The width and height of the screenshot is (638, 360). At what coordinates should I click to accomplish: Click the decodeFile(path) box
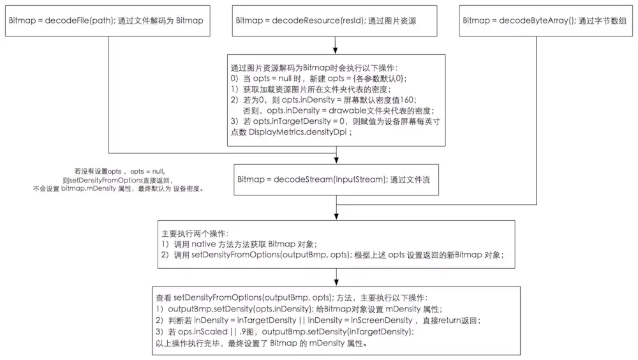click(x=107, y=21)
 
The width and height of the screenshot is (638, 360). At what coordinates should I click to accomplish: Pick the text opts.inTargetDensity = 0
click(x=293, y=121)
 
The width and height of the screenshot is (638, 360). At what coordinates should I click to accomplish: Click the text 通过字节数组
click(x=603, y=21)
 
